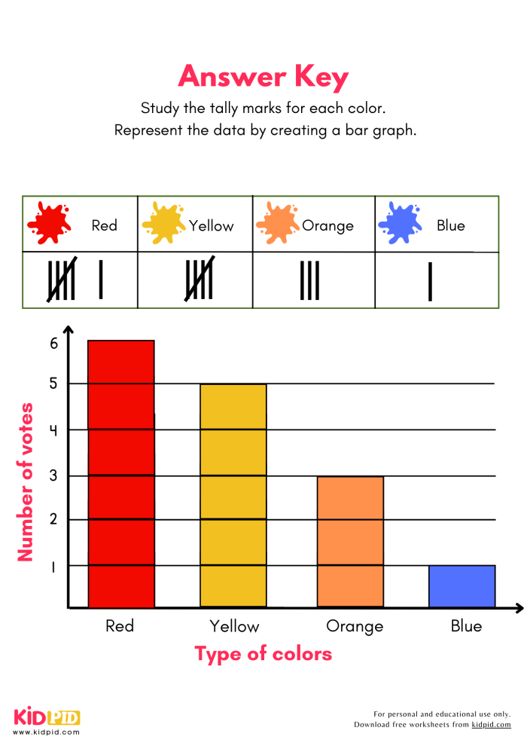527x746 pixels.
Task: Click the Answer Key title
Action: [x=263, y=77]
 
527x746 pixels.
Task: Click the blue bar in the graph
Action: [x=462, y=585]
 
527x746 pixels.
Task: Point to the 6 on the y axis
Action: [x=53, y=343]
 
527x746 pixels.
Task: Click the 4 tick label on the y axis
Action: [x=53, y=430]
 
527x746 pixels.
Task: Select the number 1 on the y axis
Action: [x=53, y=567]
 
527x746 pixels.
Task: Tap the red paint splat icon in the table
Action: [x=50, y=223]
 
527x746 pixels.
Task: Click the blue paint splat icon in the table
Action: [x=400, y=223]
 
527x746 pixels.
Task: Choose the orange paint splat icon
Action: [x=277, y=223]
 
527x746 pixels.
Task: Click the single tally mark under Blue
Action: [x=430, y=281]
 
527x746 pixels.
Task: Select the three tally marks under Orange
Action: [x=309, y=280]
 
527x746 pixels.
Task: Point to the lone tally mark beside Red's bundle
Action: [x=101, y=280]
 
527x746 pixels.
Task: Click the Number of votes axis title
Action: [x=26, y=482]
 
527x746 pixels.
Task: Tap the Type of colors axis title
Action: [x=263, y=653]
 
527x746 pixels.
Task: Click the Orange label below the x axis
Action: [x=355, y=626]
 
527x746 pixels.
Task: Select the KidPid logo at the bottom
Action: [x=47, y=718]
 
